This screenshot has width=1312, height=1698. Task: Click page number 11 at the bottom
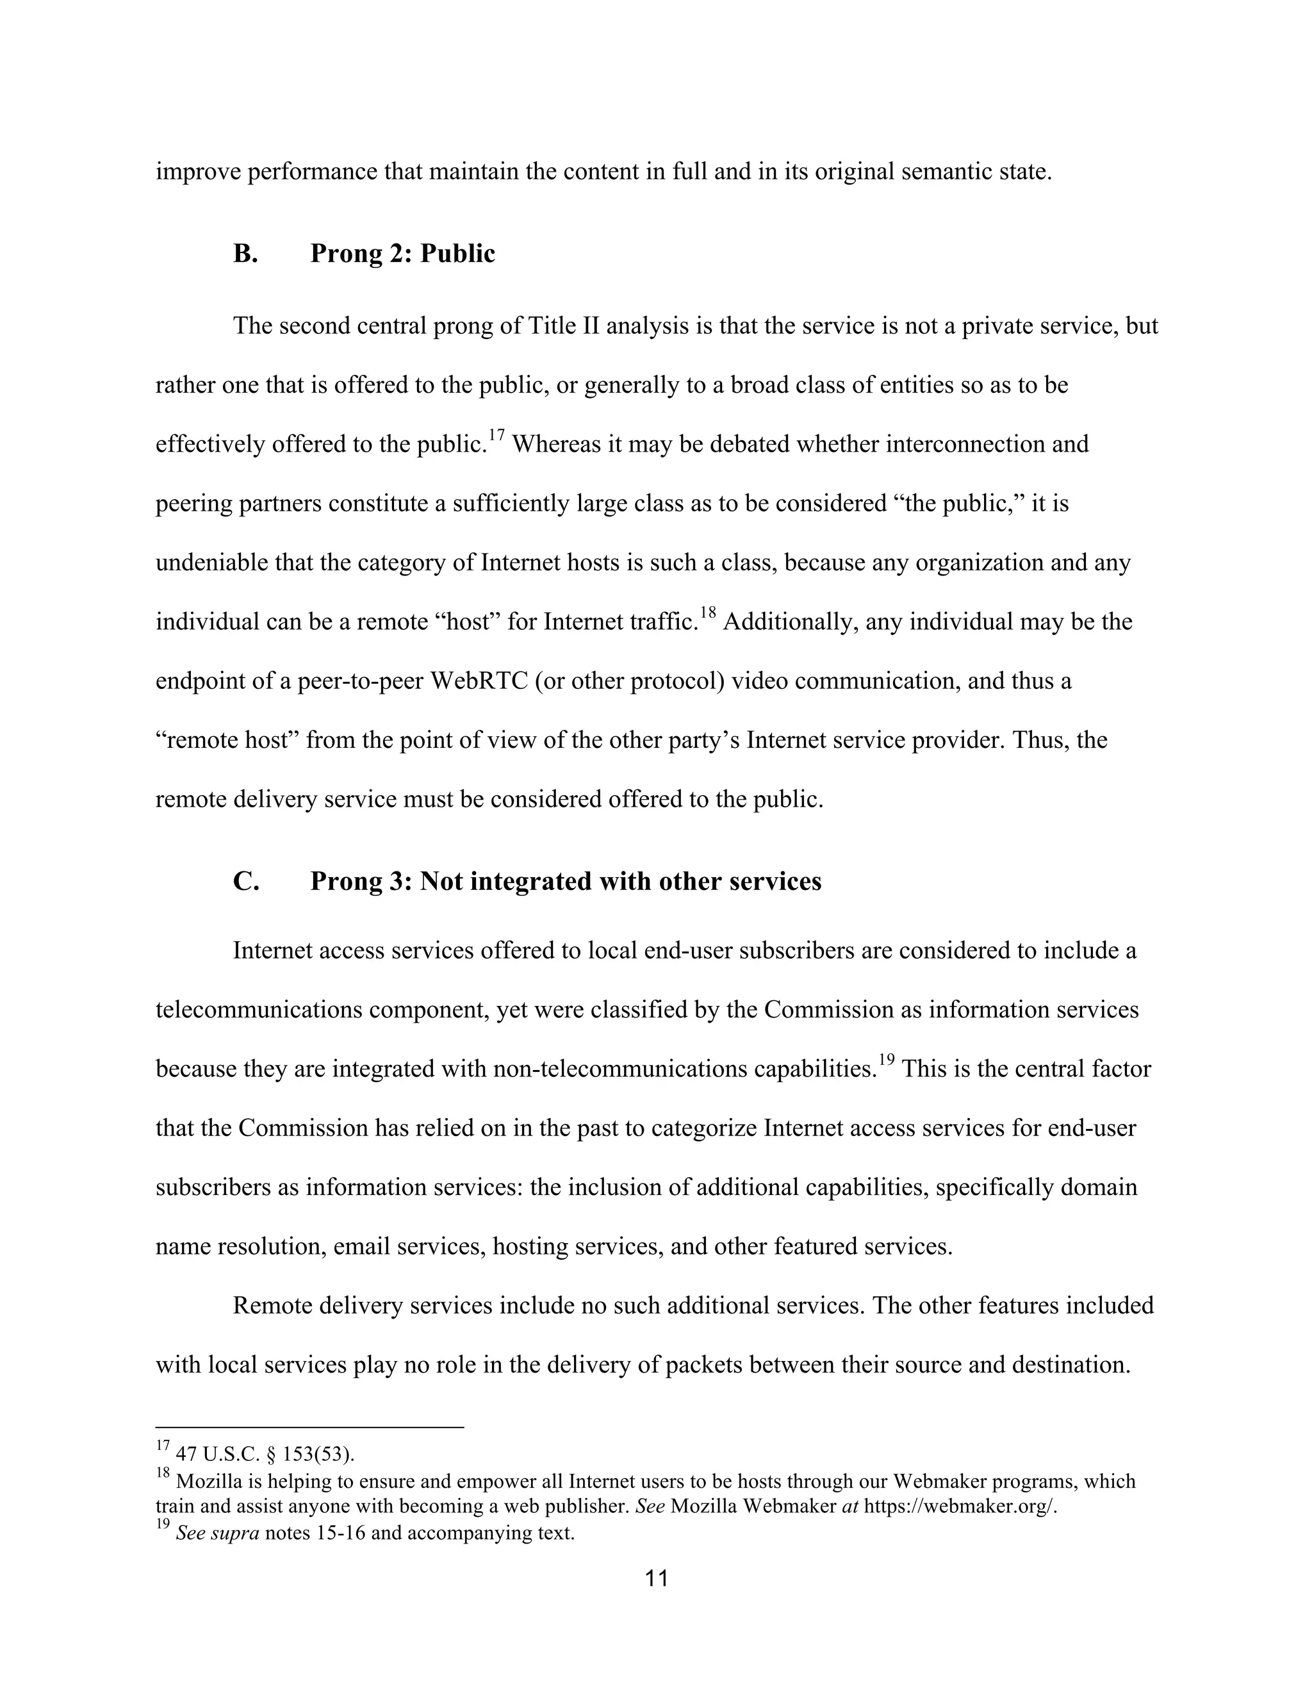click(x=656, y=1578)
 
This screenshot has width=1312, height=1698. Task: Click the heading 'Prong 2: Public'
click(x=402, y=254)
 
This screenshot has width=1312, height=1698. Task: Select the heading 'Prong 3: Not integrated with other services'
click(x=565, y=881)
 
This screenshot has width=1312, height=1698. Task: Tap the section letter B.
click(x=245, y=254)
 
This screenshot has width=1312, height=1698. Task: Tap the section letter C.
click(x=245, y=881)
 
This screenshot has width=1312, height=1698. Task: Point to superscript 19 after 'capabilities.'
click(x=886, y=1060)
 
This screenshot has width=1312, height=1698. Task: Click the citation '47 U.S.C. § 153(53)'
click(x=265, y=1453)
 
